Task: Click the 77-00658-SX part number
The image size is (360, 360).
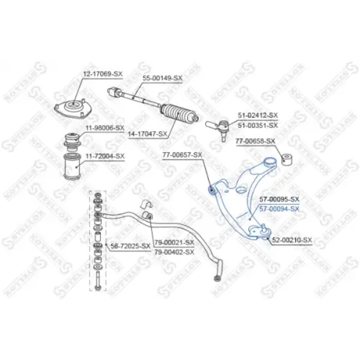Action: tap(255, 141)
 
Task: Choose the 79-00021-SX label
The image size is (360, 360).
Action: tap(174, 242)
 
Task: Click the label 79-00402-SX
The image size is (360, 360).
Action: tap(174, 252)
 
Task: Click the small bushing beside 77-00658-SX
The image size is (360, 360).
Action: tap(286, 160)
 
